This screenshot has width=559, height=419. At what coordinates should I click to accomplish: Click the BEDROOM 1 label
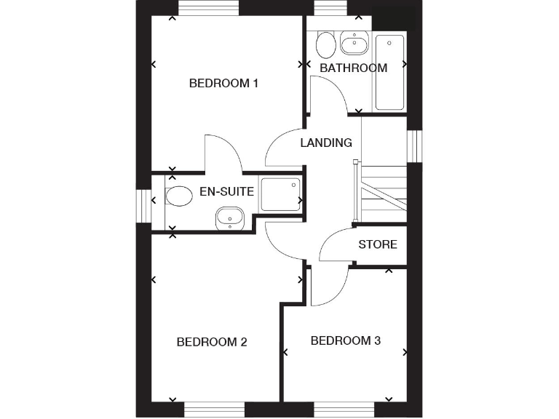pos(223,83)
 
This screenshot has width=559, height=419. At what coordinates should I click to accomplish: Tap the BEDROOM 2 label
pos(213,342)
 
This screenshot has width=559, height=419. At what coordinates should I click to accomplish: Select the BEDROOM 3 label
pos(346,340)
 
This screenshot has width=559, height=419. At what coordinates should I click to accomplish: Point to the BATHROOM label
pos(353,68)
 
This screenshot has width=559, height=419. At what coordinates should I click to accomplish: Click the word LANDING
pos(326,143)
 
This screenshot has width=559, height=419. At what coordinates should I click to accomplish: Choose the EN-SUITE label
pos(226,192)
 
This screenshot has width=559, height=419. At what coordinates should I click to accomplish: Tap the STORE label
pos(378,244)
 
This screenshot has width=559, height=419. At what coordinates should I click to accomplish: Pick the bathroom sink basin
pos(354,46)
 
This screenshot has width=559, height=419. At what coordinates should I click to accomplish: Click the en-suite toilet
pos(176,196)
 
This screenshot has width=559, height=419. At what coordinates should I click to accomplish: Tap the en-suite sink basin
pos(230,216)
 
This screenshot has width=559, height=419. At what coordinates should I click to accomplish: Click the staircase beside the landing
pos(384,191)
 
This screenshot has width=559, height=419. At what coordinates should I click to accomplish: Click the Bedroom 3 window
pos(344,410)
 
